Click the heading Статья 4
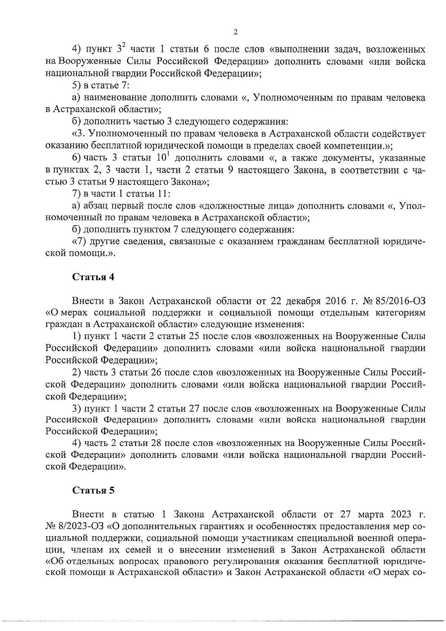(x=93, y=277)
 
